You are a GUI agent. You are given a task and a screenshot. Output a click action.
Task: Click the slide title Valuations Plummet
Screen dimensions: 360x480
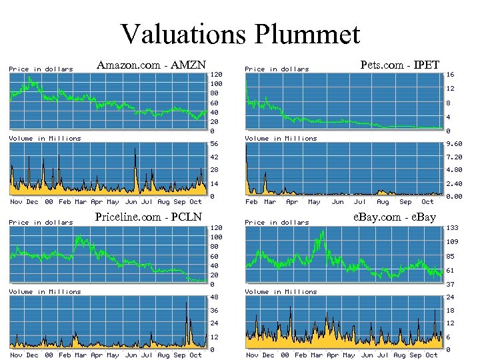240,33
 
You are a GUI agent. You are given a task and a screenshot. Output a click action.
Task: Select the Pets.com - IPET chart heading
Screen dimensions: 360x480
399,65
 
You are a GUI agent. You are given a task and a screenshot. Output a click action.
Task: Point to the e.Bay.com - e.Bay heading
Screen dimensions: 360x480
394,217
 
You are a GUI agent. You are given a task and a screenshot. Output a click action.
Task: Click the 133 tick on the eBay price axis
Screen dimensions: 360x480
453,227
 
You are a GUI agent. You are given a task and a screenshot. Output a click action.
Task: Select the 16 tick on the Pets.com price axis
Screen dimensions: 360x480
451,75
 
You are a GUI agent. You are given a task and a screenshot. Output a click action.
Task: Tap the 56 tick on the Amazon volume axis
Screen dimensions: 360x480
214,144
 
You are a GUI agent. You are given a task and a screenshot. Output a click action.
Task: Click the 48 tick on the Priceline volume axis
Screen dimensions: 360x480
214,297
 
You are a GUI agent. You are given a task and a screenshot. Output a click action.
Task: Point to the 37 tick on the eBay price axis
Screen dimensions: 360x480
451,285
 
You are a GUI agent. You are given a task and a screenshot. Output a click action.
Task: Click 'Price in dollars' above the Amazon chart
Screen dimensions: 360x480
41,69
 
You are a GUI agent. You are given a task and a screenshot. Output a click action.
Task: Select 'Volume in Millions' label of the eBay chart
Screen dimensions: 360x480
281,292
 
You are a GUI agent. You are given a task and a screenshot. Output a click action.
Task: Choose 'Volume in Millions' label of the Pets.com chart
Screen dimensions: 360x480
281,139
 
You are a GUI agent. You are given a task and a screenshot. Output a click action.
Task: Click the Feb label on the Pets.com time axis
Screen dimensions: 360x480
251,202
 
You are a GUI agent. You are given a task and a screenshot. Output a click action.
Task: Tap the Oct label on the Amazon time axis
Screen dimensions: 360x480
195,202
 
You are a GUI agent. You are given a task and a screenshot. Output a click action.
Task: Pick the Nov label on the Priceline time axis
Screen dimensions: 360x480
16,355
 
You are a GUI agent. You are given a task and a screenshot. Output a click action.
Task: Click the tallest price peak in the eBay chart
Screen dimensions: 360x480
323,231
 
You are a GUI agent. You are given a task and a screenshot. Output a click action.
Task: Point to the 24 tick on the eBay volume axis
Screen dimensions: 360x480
451,297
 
